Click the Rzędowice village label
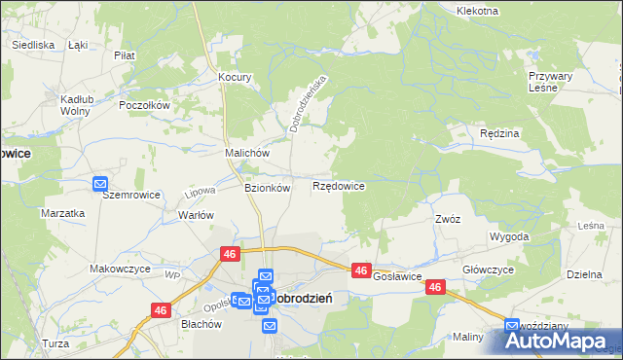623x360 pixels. [338, 185]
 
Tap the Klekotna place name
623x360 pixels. [477, 11]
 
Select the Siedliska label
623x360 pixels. [32, 45]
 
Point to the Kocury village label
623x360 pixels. [236, 77]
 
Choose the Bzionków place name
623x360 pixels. [267, 188]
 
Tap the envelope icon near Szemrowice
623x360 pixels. [100, 182]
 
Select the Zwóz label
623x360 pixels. [448, 219]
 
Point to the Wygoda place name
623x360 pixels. [510, 236]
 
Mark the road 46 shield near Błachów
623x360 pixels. [161, 309]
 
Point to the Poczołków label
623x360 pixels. [144, 105]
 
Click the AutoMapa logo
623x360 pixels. [560, 342]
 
